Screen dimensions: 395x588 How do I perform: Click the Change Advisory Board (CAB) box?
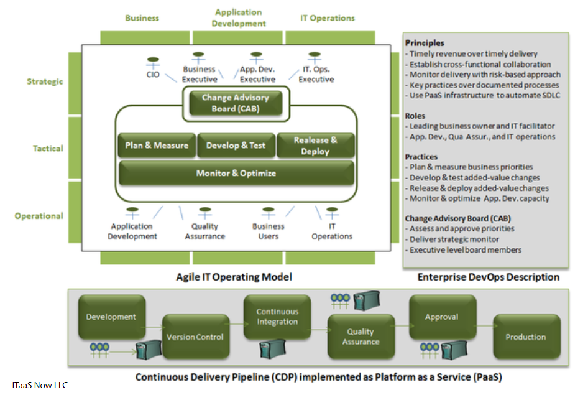click(x=235, y=103)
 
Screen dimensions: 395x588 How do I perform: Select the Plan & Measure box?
click(x=157, y=146)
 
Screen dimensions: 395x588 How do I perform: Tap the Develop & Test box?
click(x=236, y=146)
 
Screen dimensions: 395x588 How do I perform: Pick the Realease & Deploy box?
click(x=315, y=146)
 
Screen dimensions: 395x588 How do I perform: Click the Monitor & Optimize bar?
click(x=236, y=173)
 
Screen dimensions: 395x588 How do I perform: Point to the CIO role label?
click(x=152, y=75)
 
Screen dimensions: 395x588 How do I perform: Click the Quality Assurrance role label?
click(x=204, y=231)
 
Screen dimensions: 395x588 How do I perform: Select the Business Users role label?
click(x=269, y=231)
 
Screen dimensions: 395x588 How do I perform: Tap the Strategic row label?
click(x=45, y=81)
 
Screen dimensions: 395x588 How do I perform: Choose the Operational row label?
click(x=39, y=216)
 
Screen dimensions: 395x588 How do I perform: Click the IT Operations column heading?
click(x=328, y=18)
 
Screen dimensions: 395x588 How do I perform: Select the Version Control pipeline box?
click(x=196, y=337)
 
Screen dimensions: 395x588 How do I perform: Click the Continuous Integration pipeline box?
click(x=277, y=317)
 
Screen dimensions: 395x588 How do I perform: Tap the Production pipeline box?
click(x=526, y=337)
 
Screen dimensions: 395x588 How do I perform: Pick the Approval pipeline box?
click(x=442, y=317)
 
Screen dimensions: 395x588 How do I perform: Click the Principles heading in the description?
click(x=425, y=43)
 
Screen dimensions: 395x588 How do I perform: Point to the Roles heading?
click(x=415, y=116)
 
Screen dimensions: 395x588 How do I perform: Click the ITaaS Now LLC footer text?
click(x=40, y=385)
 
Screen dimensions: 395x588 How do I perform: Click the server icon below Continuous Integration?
click(x=272, y=347)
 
